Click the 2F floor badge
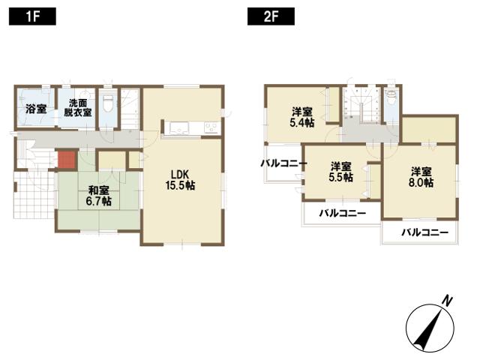pos(270,16)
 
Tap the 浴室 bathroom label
pos(35,109)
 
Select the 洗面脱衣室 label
pos(77,108)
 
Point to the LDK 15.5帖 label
pos(180,178)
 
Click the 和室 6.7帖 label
pos(95,196)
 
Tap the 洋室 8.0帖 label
pos(421,175)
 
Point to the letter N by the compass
pos(447,301)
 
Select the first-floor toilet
pos(109,106)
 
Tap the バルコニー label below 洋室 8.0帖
pos(424,232)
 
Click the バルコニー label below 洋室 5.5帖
pos(342,214)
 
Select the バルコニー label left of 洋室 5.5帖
pos(284,163)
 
